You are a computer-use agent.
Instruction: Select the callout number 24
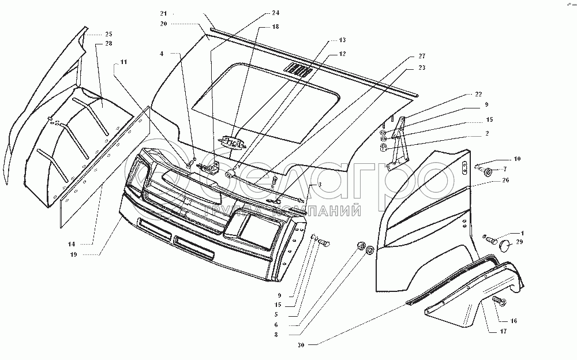click(x=275, y=13)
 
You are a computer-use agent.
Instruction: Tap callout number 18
click(x=275, y=27)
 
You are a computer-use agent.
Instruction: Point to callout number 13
click(x=342, y=40)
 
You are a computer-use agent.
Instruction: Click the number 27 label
click(x=422, y=56)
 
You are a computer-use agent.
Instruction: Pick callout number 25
click(x=108, y=34)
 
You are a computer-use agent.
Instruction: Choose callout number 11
click(x=123, y=61)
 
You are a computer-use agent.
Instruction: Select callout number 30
click(x=300, y=345)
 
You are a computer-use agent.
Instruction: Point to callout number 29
click(x=519, y=242)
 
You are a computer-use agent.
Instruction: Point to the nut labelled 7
click(x=488, y=171)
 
